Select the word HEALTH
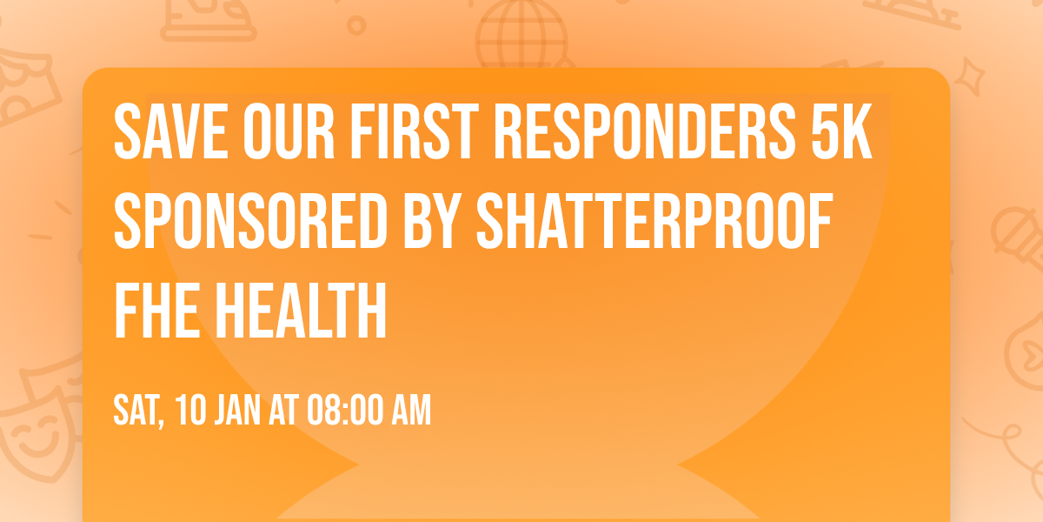point(301,311)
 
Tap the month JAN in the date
point(235,410)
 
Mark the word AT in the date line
point(282,410)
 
